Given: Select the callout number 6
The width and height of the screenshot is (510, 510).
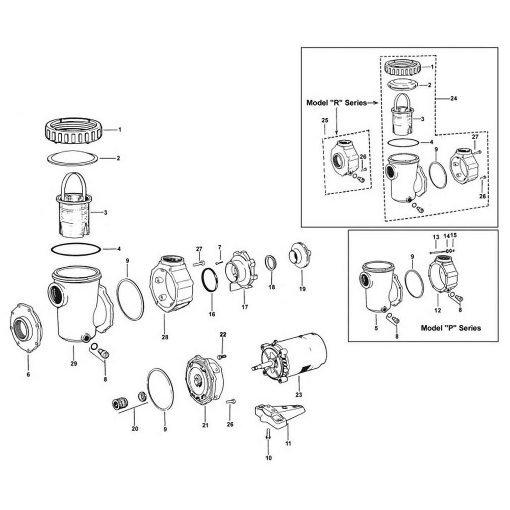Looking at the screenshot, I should [x=28, y=375].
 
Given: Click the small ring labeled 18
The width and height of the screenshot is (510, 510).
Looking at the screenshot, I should [x=271, y=264].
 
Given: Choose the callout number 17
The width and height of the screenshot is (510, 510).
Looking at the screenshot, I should [x=244, y=307].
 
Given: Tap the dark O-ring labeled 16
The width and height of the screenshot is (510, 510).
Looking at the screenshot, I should [x=210, y=280].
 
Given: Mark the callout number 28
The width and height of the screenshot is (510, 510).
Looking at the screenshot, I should [x=164, y=337].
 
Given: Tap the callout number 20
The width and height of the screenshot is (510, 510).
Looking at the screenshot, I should [x=135, y=429].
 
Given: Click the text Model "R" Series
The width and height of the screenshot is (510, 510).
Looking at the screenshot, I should [x=337, y=103].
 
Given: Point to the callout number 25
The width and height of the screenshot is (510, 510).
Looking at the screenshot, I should [x=324, y=120].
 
